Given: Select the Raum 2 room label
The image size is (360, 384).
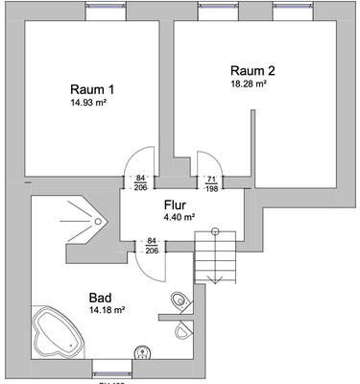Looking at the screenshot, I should click(x=253, y=70).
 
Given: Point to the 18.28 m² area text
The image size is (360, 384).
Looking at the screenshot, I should click(x=248, y=84).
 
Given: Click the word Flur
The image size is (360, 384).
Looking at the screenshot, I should click(x=174, y=204).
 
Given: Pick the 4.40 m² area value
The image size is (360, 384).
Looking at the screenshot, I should click(x=179, y=218).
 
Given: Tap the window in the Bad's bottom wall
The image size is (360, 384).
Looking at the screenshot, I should click(x=111, y=369).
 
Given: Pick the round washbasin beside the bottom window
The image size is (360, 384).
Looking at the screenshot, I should click(x=143, y=352).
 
